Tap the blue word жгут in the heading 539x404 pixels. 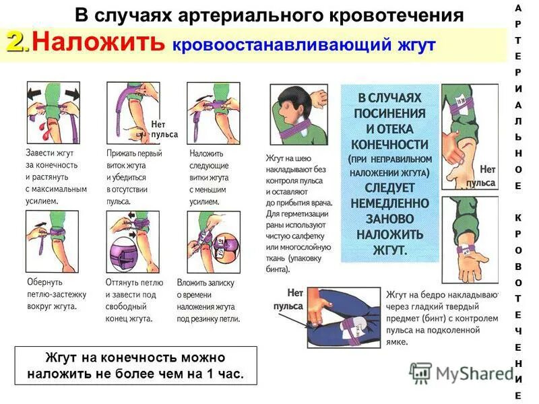point(414,44)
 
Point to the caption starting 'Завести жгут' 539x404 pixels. point(55,176)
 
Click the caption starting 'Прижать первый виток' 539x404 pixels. point(135,176)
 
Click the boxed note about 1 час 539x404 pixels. point(135,365)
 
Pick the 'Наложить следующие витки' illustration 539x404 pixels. point(212,113)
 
